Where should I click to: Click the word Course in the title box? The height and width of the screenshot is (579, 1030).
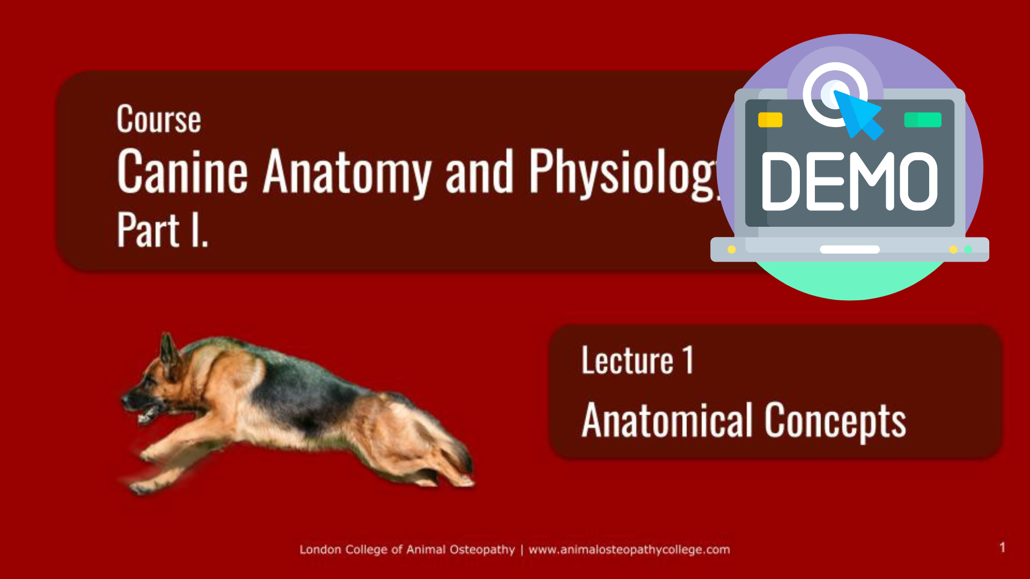(x=159, y=119)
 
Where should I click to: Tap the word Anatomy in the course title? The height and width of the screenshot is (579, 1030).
(x=347, y=173)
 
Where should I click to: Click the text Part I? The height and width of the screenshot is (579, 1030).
(x=163, y=229)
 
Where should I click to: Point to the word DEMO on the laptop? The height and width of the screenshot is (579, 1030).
(x=849, y=181)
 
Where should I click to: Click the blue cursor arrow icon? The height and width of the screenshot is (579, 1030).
(x=858, y=114)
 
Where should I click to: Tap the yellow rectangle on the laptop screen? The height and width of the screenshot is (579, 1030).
(x=770, y=120)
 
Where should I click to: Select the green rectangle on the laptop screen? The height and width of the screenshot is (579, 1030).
(x=923, y=120)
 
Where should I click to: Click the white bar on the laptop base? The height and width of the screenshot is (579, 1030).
(x=850, y=249)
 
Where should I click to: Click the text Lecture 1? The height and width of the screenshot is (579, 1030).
(x=637, y=360)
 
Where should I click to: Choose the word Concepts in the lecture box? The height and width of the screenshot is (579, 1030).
(x=835, y=422)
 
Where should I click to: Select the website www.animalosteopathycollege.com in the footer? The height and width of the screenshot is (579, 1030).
(x=629, y=550)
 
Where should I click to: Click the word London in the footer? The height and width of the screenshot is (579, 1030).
(x=320, y=550)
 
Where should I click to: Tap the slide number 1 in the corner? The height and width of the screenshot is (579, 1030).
(x=1002, y=547)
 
